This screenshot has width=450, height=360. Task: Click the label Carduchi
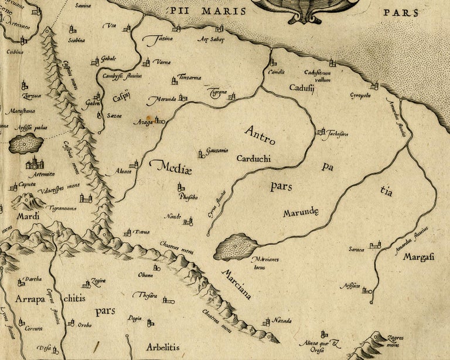coord(255,158)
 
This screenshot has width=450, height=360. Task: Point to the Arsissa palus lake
coord(26,143)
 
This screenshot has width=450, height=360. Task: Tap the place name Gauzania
coord(217,151)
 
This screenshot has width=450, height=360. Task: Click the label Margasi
coord(418,256)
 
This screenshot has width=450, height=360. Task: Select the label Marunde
coord(300,212)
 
